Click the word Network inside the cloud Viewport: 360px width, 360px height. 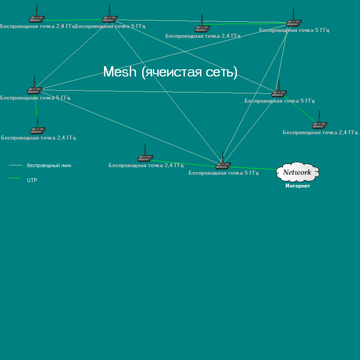(297, 172)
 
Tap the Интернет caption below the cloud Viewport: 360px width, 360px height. (298, 186)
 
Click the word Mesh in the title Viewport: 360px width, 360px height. (120, 72)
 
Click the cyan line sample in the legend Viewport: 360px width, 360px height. (16, 165)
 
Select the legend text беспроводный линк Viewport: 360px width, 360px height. (49, 165)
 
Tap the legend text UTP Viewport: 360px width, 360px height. (32, 180)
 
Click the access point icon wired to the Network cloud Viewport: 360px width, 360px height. (222, 166)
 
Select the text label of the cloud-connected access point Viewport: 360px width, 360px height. (224, 173)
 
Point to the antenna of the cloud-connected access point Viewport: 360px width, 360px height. (222, 156)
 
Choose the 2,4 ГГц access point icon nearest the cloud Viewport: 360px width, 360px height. (319, 125)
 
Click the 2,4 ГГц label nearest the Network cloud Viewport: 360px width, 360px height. (320, 132)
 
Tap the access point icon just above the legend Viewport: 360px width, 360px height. (37, 130)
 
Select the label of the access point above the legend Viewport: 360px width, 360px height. (38, 138)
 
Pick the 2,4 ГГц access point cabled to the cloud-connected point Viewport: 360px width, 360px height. (145, 158)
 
